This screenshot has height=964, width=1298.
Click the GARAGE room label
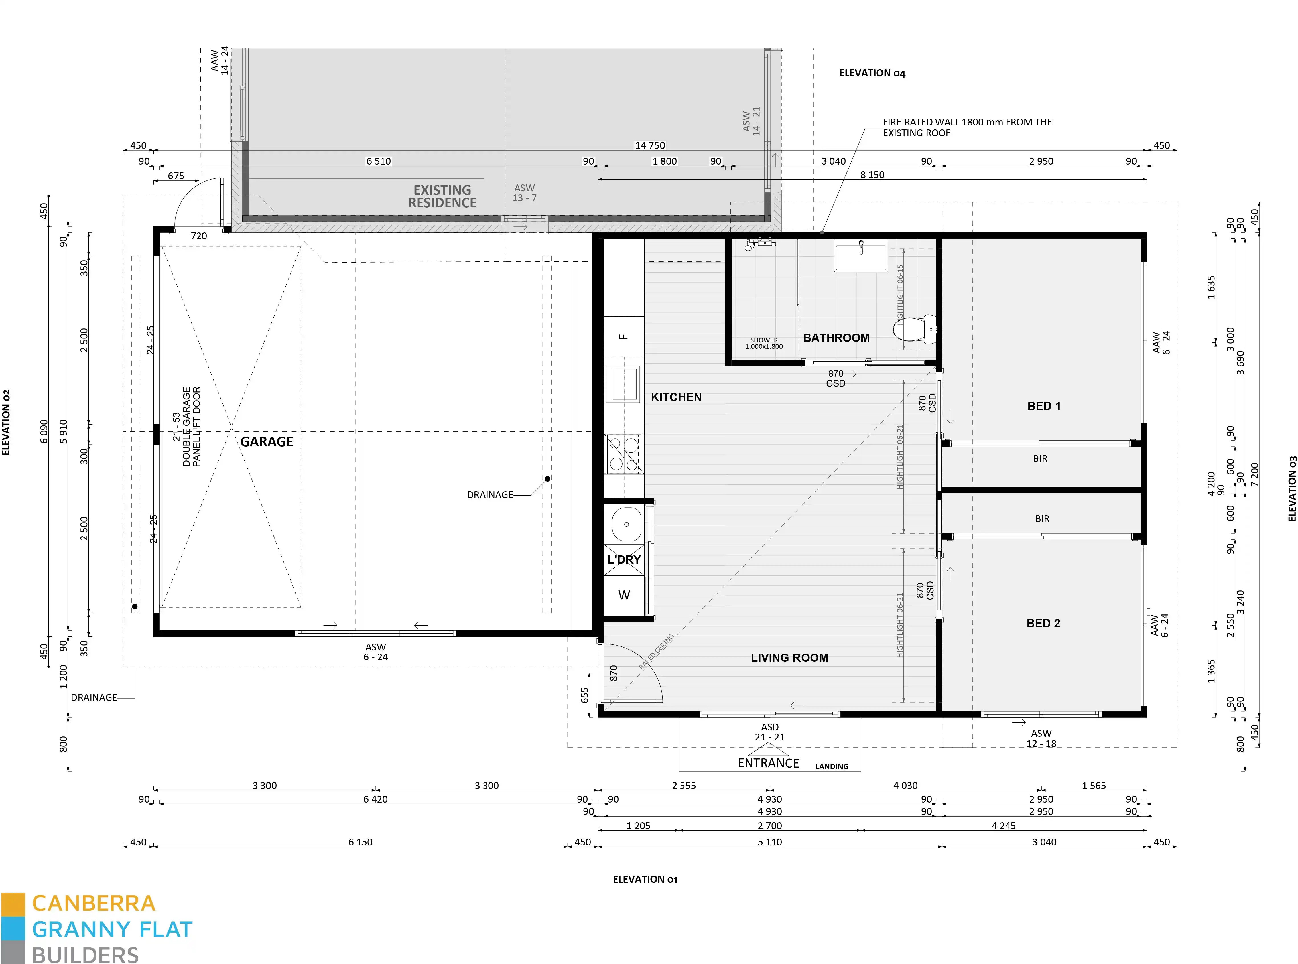coord(267,442)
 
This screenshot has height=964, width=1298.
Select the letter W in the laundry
coord(624,595)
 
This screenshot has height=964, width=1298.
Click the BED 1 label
coord(1044,406)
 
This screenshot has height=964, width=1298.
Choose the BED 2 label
coord(1043,623)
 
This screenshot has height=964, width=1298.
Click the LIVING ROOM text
coord(789,658)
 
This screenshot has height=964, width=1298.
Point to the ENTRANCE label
coord(768,763)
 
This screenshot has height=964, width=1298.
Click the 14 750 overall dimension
coord(650,145)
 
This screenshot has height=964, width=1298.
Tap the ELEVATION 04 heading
coord(872,73)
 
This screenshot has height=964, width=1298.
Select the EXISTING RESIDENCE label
coord(442,197)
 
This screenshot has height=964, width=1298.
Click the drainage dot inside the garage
coord(547,479)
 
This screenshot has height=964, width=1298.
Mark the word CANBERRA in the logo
coord(93,903)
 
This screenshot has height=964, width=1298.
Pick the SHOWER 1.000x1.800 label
coord(764,343)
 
